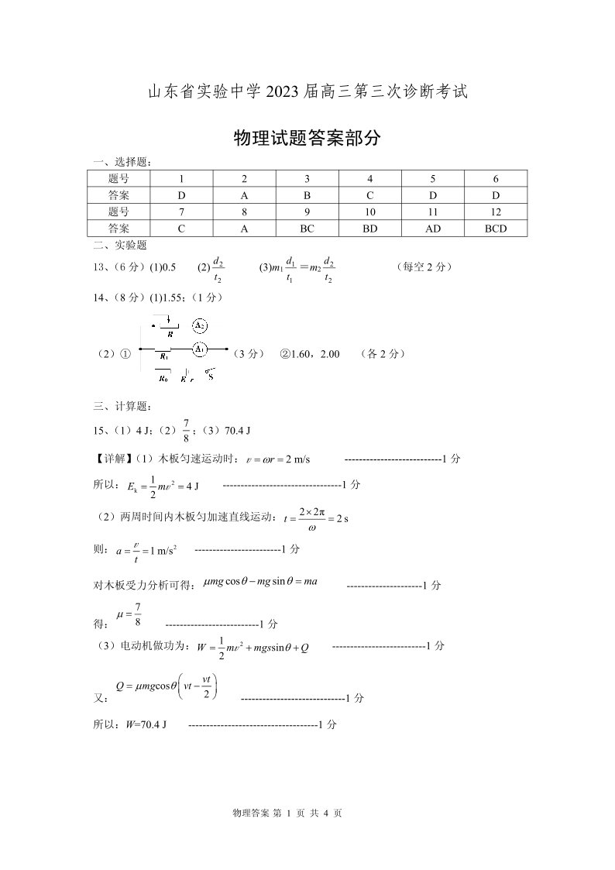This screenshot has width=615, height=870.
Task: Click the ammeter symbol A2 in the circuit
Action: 200,325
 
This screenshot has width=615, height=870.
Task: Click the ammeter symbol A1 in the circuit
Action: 200,349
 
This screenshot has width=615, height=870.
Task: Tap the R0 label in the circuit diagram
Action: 163,379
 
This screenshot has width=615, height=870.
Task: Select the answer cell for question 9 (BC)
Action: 307,229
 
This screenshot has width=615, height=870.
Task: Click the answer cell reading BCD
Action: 496,229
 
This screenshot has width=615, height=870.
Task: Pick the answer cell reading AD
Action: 433,229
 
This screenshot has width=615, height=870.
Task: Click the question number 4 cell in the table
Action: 370,179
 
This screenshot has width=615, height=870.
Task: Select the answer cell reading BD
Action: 370,229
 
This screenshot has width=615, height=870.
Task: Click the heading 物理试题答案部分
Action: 307,138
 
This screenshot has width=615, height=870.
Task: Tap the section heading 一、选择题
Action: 122,162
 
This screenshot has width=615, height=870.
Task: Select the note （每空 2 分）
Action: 423,267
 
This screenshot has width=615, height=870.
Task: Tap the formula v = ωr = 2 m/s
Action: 277,459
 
